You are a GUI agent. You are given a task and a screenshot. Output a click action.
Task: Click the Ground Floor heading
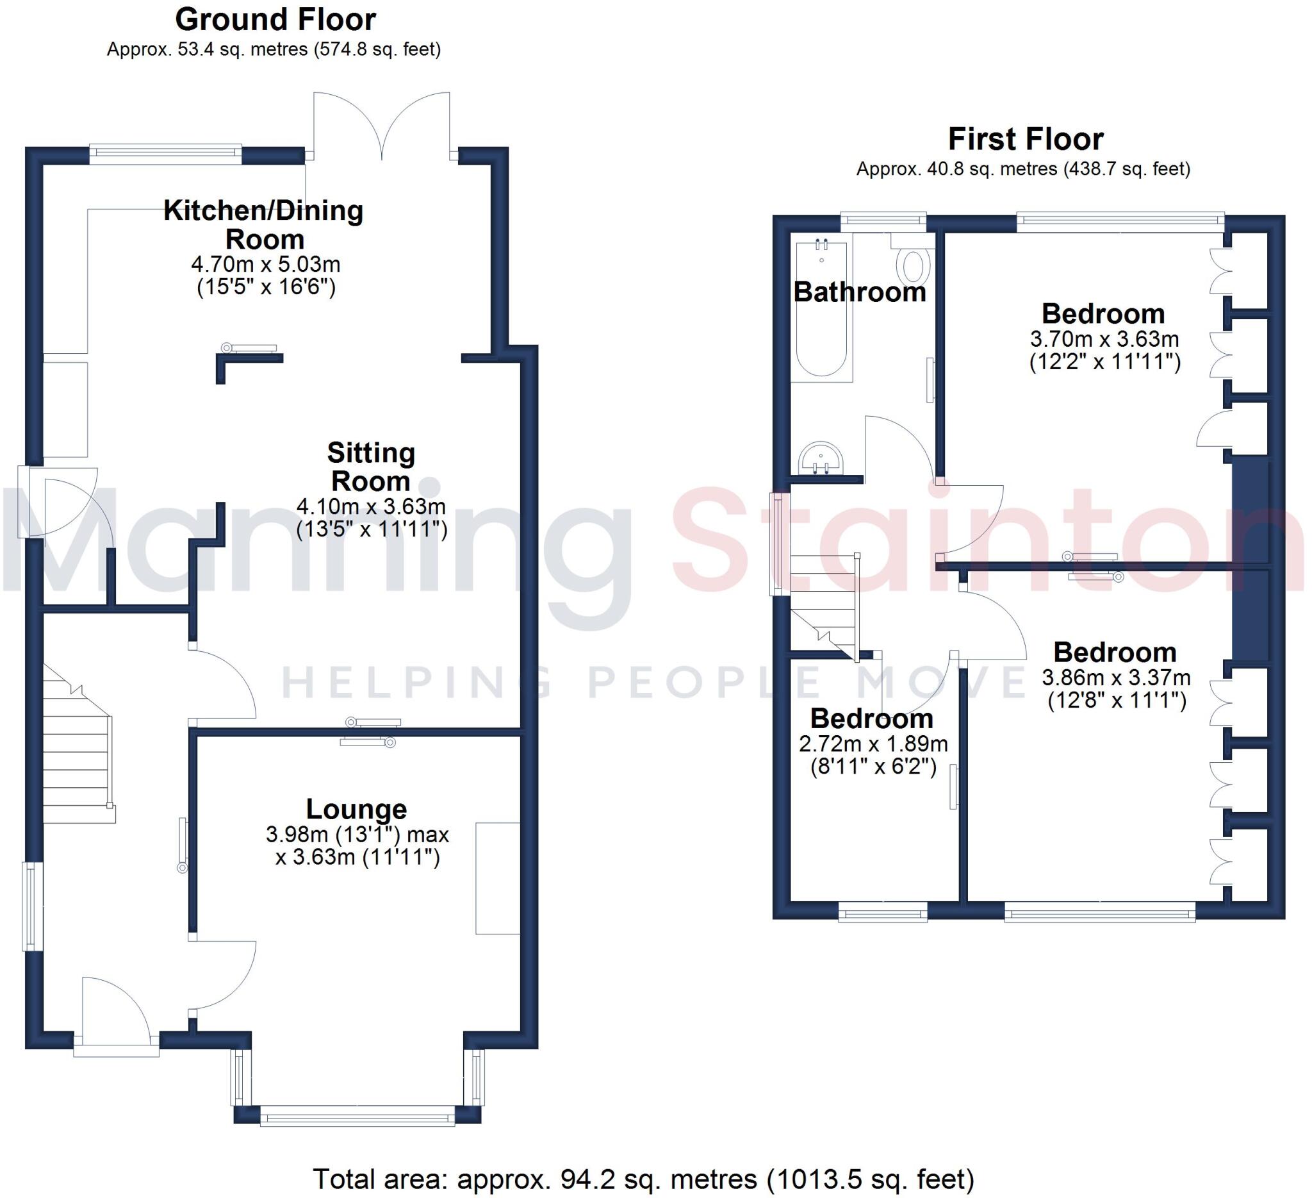275,20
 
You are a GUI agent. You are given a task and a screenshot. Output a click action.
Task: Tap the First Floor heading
1025,139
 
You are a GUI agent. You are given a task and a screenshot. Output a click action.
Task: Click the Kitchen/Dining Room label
263,224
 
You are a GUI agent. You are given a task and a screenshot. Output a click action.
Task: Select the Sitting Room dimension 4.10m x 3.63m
371,506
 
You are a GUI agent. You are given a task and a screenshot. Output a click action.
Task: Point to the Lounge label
357,810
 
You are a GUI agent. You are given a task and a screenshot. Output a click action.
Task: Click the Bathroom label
859,292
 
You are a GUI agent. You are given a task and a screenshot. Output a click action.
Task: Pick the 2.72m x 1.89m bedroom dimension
873,744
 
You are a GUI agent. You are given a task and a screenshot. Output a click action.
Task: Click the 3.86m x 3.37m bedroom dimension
1115,678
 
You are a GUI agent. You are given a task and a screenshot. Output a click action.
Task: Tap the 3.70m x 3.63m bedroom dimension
1104,339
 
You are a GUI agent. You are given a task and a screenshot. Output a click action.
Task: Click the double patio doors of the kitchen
382,127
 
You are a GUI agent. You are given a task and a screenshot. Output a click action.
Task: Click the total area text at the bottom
643,1179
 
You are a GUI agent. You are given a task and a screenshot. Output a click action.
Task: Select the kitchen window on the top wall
165,153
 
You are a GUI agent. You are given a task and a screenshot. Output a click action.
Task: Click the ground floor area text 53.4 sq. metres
274,49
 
